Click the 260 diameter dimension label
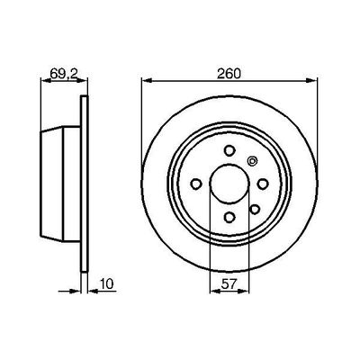229,65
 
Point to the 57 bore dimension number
229,285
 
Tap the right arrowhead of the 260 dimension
315,80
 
